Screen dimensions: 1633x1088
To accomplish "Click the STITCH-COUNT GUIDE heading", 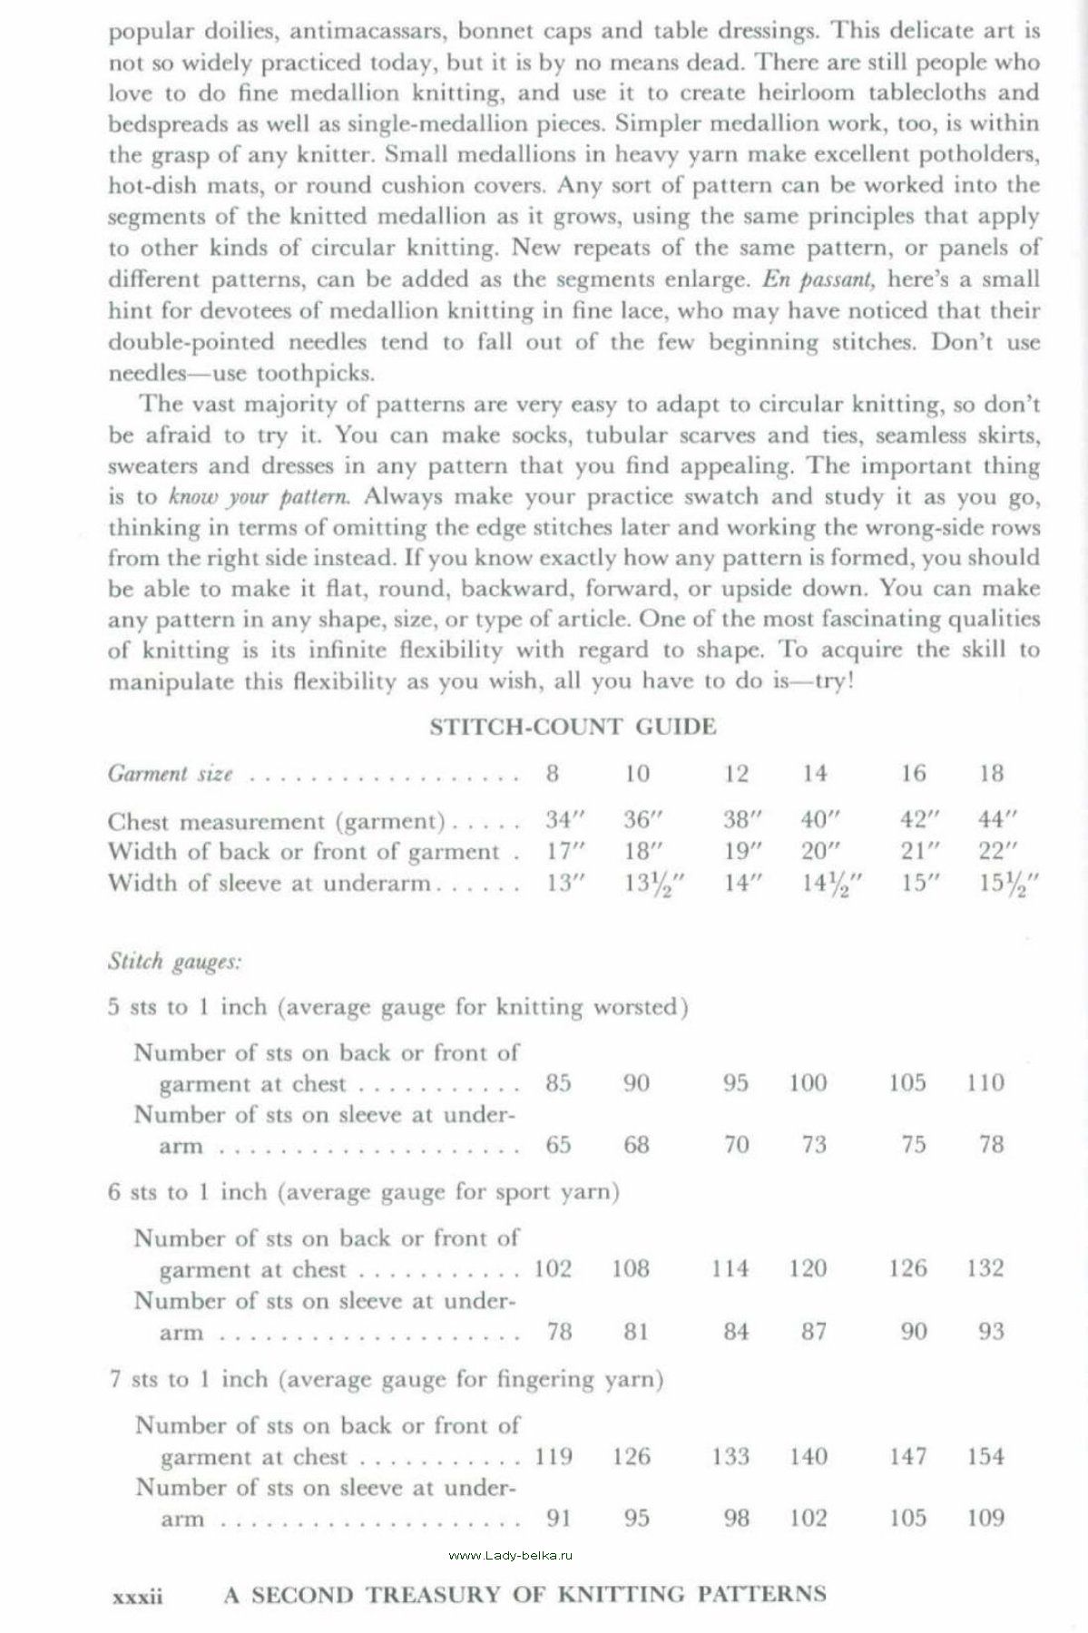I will point(573,727).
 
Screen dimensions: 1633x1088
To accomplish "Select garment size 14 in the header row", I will point(815,773).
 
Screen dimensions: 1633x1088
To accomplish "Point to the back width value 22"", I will point(996,851).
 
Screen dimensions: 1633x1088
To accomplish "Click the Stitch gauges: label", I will point(174,961).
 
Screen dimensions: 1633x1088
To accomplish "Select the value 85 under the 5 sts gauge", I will point(558,1082).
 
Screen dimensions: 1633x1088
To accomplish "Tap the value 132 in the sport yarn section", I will point(985,1267).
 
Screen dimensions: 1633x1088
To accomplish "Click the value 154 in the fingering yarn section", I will point(985,1456).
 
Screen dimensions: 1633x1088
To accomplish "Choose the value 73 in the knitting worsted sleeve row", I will point(814,1145).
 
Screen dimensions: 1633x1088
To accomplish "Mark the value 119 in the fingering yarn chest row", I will point(554,1456).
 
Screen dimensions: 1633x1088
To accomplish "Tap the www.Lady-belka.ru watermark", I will point(512,1555).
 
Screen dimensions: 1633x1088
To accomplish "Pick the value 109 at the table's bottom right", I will point(985,1517).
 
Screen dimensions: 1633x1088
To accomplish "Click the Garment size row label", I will point(171,774).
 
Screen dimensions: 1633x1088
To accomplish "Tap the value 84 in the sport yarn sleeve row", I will point(736,1331).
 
